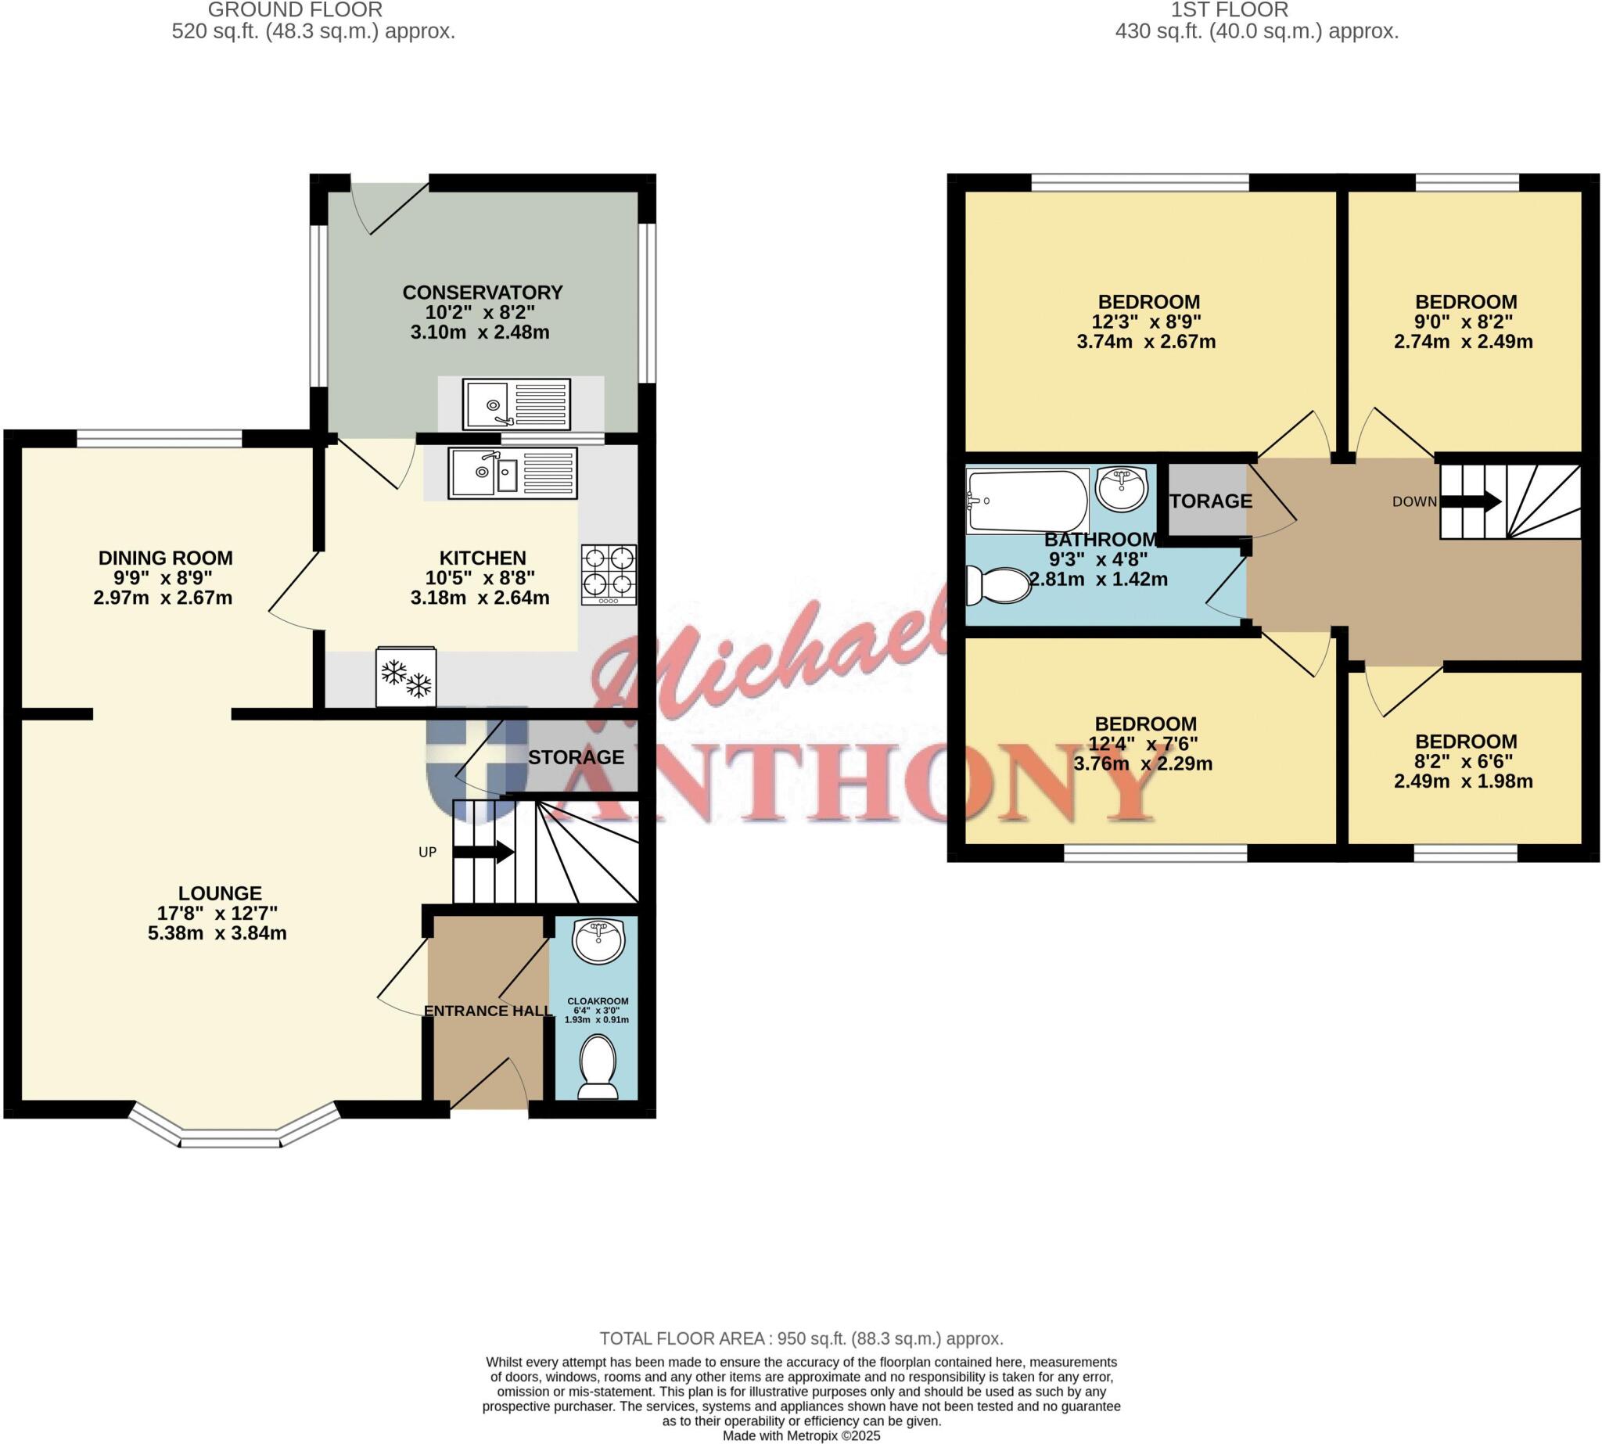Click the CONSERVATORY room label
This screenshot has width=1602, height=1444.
[483, 293]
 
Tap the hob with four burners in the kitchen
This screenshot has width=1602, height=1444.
[609, 574]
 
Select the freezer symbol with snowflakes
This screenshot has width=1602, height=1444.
[405, 677]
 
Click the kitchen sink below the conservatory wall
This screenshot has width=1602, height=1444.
[512, 474]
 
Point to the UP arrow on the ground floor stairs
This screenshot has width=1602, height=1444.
[483, 853]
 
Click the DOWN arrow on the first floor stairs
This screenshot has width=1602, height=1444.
[1470, 501]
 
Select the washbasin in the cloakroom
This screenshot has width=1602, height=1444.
[599, 941]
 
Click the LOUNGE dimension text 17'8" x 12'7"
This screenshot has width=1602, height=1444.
[217, 913]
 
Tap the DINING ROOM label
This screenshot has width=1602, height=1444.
[165, 558]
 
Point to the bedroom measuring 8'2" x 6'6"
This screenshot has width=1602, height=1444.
[1465, 762]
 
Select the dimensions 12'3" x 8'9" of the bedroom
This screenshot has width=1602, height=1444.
[1148, 322]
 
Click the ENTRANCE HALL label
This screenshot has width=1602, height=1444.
[488, 1011]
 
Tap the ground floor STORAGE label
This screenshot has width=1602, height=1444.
[576, 758]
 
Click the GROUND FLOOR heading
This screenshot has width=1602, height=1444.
[295, 10]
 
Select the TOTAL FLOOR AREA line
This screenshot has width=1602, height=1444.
[800, 1338]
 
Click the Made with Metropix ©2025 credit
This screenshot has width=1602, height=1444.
[800, 1435]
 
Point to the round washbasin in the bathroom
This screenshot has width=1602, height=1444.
[1120, 487]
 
